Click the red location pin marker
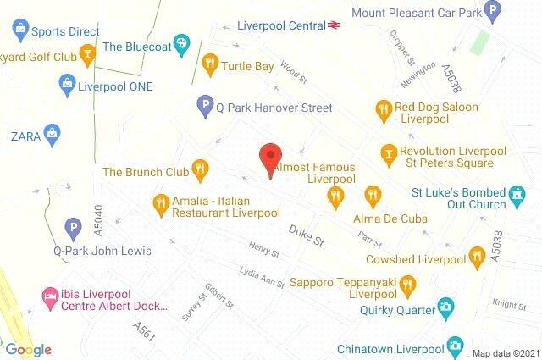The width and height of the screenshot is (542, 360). (269, 158)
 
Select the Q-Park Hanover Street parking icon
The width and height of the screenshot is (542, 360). (203, 107)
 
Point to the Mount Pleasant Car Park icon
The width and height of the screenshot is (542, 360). (517, 12)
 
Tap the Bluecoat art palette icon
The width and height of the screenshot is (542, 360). (181, 44)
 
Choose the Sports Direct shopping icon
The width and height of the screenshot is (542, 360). (19, 31)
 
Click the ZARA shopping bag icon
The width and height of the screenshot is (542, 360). (53, 133)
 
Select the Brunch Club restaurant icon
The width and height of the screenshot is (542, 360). (200, 170)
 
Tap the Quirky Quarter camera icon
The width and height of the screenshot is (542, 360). (445, 308)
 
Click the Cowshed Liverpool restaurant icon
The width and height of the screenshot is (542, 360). (477, 252)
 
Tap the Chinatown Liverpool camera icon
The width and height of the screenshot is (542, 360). (455, 346)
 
